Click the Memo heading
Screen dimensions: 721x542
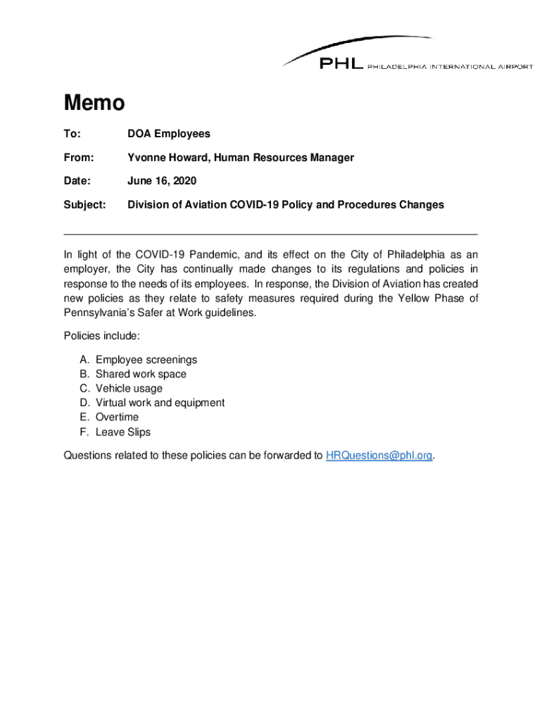(94, 104)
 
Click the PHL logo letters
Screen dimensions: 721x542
(341, 64)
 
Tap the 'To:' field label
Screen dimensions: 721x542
(73, 134)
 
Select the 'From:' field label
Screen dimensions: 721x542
(79, 158)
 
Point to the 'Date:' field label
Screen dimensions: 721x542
(77, 182)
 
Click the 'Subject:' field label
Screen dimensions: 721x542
(84, 205)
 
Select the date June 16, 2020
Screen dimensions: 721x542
(162, 182)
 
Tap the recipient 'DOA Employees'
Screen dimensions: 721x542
(168, 134)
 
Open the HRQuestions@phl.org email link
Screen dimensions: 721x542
(379, 456)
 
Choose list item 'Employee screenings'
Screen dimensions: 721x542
(146, 360)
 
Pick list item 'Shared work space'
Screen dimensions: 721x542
(141, 375)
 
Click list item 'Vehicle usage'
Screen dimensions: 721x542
(129, 389)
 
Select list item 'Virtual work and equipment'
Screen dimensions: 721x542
(160, 403)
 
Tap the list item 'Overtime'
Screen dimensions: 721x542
(117, 418)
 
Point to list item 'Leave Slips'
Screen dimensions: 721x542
(123, 432)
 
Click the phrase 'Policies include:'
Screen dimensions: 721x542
(96, 336)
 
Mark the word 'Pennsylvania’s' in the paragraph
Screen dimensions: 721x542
(97, 312)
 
